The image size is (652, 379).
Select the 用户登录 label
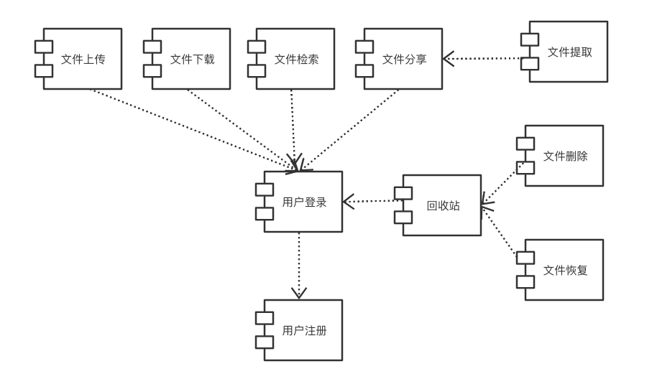tap(306, 202)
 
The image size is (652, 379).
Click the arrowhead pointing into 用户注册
tap(299, 293)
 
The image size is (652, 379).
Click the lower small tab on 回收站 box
tap(402, 217)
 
